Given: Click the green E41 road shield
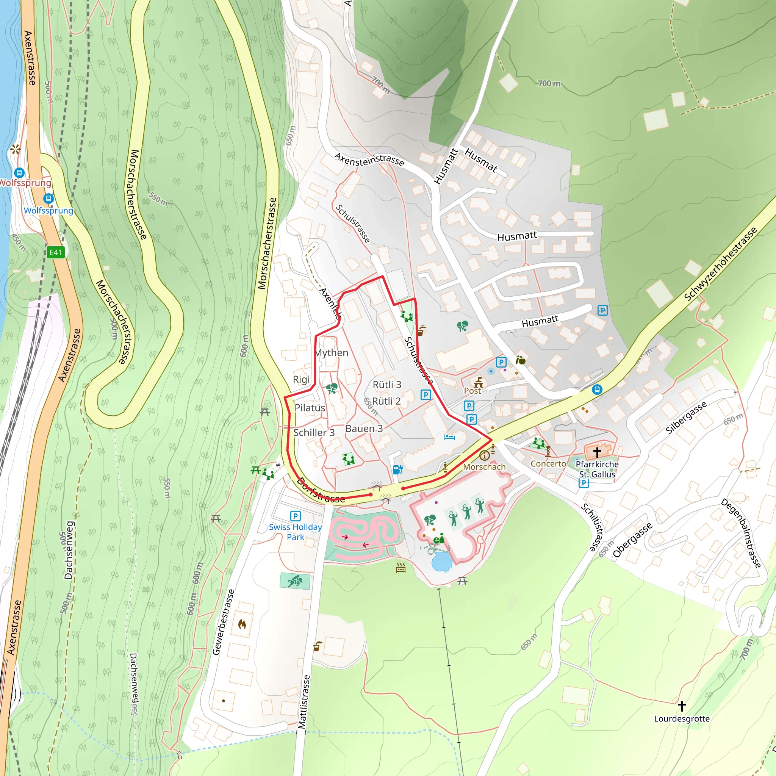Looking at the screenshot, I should (55, 252).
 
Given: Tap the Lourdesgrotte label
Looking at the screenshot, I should (682, 718).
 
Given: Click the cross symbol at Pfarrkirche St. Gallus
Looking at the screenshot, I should (597, 452).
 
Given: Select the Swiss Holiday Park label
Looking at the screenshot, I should (295, 532).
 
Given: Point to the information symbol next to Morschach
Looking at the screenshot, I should (484, 455).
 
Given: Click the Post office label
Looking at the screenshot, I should (472, 391).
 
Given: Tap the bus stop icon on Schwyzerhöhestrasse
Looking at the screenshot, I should (597, 389).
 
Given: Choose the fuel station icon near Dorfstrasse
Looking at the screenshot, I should (397, 469).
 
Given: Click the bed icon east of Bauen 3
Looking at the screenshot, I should (449, 436).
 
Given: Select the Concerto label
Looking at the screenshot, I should (548, 463).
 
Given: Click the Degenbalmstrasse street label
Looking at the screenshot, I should (741, 533).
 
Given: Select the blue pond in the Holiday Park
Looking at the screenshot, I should (441, 561).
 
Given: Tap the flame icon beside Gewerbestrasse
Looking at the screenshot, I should (242, 624).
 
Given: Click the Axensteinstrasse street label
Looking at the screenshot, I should (369, 160).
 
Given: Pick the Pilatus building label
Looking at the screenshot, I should (310, 408).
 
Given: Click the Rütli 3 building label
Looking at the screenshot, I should (387, 385).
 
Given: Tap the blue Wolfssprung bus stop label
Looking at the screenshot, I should (48, 210).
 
